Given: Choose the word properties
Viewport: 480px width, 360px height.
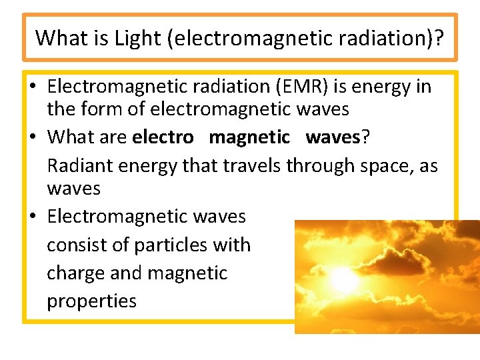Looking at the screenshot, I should coord(91,301).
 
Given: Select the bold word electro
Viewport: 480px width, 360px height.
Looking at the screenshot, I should coord(163,137).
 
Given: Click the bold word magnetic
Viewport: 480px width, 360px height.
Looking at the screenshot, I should coord(249,137).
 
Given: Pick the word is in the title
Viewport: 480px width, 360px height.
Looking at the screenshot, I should coord(102,38).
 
